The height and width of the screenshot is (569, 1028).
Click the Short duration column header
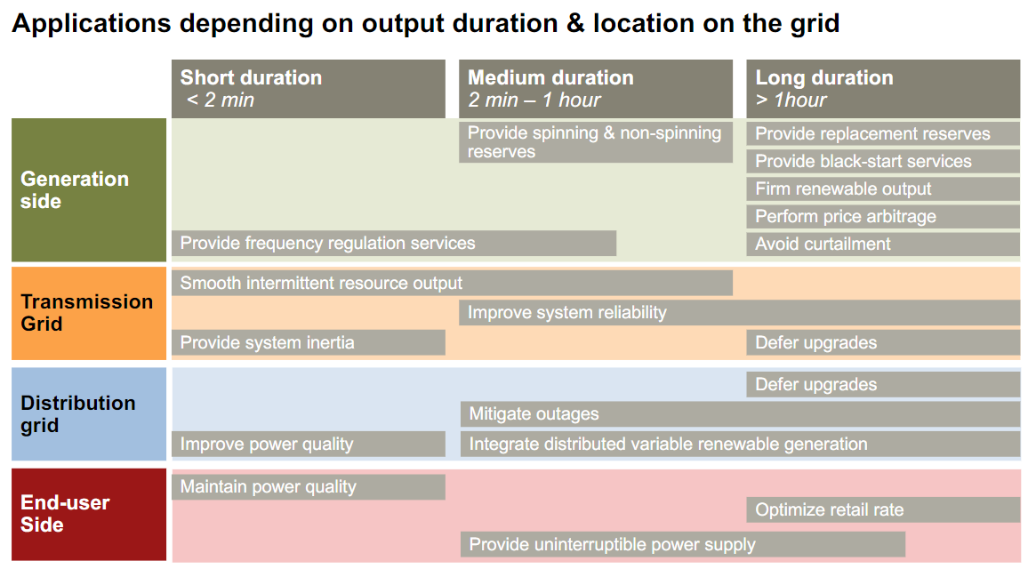pyautogui.click(x=309, y=89)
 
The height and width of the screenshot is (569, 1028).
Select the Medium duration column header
pyautogui.click(x=595, y=89)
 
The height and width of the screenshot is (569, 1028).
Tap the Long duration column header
pyautogui.click(x=883, y=89)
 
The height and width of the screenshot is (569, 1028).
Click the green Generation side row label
pyautogui.click(x=89, y=190)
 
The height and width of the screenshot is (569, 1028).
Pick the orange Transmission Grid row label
pyautogui.click(x=89, y=313)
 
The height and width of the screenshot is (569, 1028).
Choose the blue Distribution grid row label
pyautogui.click(x=89, y=413)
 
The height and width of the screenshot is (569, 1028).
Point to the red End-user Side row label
pyautogui.click(x=89, y=514)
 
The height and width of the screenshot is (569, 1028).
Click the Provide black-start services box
pyautogui.click(x=883, y=161)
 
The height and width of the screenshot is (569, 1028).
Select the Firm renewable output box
pyautogui.click(x=883, y=188)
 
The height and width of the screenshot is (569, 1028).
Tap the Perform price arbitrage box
pyautogui.click(x=883, y=216)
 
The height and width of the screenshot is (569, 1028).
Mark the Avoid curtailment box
pyautogui.click(x=883, y=244)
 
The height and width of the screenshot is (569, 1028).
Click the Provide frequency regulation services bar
pyautogui.click(x=393, y=244)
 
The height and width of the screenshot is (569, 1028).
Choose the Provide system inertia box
pyautogui.click(x=309, y=342)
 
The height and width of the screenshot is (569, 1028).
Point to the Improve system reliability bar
pyautogui.click(x=740, y=313)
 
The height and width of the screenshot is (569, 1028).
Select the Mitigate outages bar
pyautogui.click(x=740, y=413)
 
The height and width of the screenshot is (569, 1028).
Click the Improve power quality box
pyautogui.click(x=309, y=444)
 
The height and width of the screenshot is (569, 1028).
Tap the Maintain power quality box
pyautogui.click(x=309, y=486)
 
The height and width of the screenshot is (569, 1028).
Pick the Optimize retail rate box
pyautogui.click(x=883, y=509)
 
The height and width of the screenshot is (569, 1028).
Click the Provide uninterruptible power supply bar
pyautogui.click(x=682, y=544)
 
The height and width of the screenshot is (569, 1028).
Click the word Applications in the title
pyautogui.click(x=92, y=24)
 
